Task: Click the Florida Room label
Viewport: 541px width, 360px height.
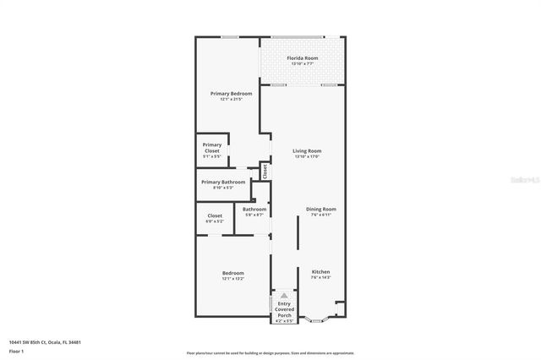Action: tap(302, 58)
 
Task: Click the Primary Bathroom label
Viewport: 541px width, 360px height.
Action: tap(223, 182)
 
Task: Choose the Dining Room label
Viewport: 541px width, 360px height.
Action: tap(321, 209)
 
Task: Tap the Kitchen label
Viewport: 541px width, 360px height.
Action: tap(320, 271)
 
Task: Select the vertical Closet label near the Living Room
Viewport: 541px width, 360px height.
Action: tap(265, 171)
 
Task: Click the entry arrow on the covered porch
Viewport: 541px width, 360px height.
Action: tap(284, 297)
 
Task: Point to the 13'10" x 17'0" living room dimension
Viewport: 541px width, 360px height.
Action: tap(308, 156)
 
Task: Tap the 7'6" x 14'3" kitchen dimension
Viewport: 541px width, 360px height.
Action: tap(320, 277)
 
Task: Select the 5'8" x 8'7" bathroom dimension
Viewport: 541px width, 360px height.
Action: tap(254, 215)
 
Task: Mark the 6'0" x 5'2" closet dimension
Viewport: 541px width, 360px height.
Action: tap(215, 221)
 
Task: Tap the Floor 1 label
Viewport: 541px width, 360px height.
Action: tap(16, 351)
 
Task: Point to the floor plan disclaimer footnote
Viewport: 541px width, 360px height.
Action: tap(270, 352)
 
